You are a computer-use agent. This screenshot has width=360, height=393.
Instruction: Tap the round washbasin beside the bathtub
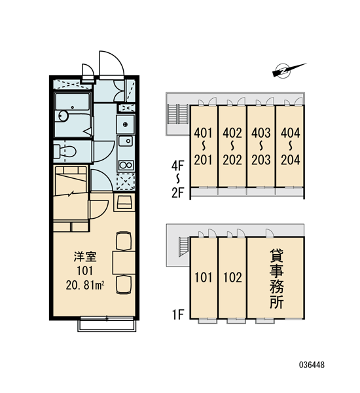tap(63, 116)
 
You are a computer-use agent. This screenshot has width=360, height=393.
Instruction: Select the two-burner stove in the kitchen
tap(126, 165)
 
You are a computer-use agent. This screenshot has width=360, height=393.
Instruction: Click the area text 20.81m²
tap(85, 285)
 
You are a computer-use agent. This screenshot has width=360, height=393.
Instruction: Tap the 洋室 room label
tap(85, 257)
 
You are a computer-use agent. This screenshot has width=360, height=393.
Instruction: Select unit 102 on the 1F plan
tap(232, 278)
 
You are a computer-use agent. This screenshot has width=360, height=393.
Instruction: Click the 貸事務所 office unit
tap(276, 278)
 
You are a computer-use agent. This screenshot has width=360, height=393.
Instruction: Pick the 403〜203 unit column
tap(261, 146)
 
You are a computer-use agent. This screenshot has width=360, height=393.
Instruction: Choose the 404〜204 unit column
tap(290, 146)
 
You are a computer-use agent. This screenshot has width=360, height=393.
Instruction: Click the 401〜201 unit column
tap(204, 146)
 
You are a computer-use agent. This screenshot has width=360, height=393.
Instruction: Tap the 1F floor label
tap(178, 314)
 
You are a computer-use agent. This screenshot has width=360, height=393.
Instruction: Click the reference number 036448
tap(312, 365)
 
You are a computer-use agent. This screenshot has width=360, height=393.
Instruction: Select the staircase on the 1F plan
tap(184, 247)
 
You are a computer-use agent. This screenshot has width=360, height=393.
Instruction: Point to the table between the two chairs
tap(124, 263)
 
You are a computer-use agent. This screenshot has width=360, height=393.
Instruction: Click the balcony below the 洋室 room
tap(107, 324)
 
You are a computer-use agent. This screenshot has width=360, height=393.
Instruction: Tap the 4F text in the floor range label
tap(177, 166)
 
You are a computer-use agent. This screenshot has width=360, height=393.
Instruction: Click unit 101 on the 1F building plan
tap(204, 278)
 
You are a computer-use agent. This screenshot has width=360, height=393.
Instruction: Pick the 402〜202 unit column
tap(232, 146)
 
